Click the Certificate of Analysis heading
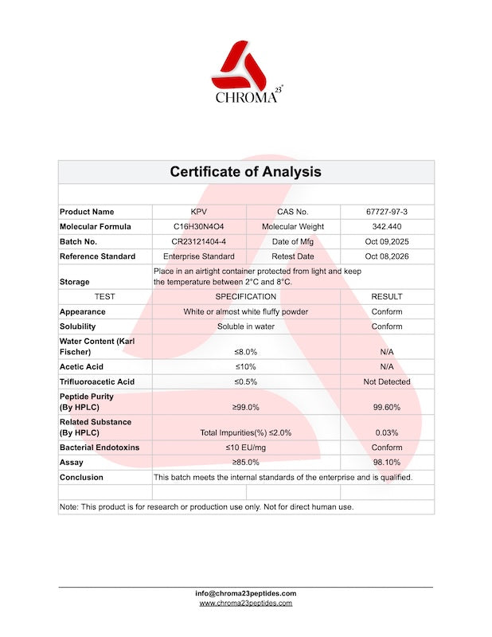coord(245,172)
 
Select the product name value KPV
coord(198,212)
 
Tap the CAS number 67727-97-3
coord(387,212)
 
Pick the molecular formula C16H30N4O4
coord(198,227)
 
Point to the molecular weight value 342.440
coord(387,227)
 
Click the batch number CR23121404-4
coord(198,241)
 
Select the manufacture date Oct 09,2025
coord(387,241)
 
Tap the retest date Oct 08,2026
coord(387,256)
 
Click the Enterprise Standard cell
coord(198,256)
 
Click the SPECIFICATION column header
coord(245,297)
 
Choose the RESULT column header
coord(387,297)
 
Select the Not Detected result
coord(387,381)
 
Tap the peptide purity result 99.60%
coord(387,407)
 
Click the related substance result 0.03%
coord(387,432)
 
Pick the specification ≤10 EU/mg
coord(245,447)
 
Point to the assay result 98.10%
coord(387,462)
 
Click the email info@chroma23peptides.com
coord(245,593)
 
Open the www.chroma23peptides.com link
coord(245,604)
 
